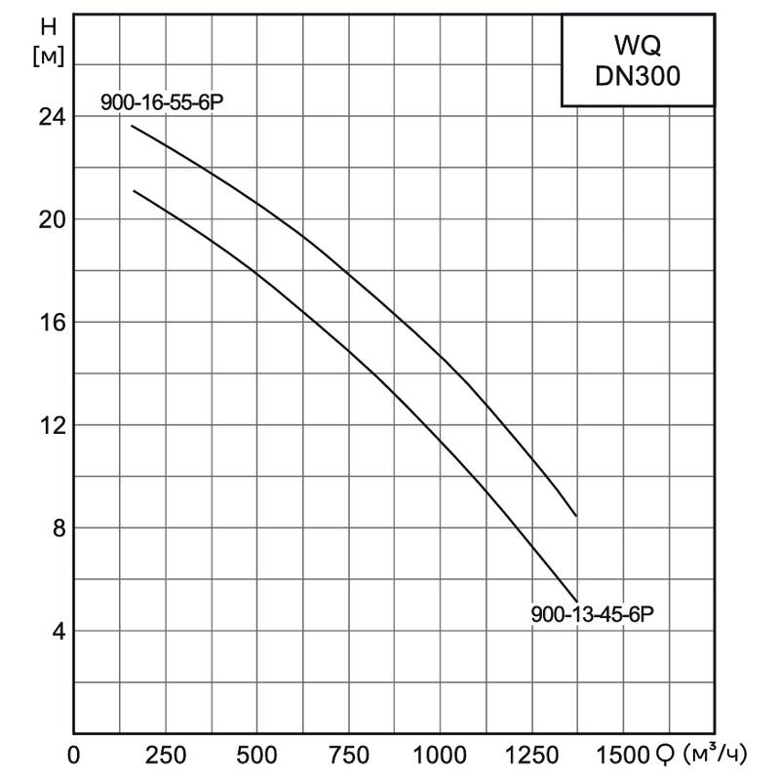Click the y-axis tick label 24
pyautogui.click(x=47, y=116)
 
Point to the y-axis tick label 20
pyautogui.click(x=47, y=219)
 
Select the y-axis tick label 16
pyautogui.click(x=47, y=323)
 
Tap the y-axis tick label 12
pyautogui.click(x=47, y=425)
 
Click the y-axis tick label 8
pyautogui.click(x=54, y=528)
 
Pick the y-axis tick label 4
pyautogui.click(x=54, y=632)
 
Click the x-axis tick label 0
pyautogui.click(x=73, y=756)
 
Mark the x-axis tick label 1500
pyautogui.click(x=620, y=756)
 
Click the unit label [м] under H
pyautogui.click(x=46, y=57)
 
